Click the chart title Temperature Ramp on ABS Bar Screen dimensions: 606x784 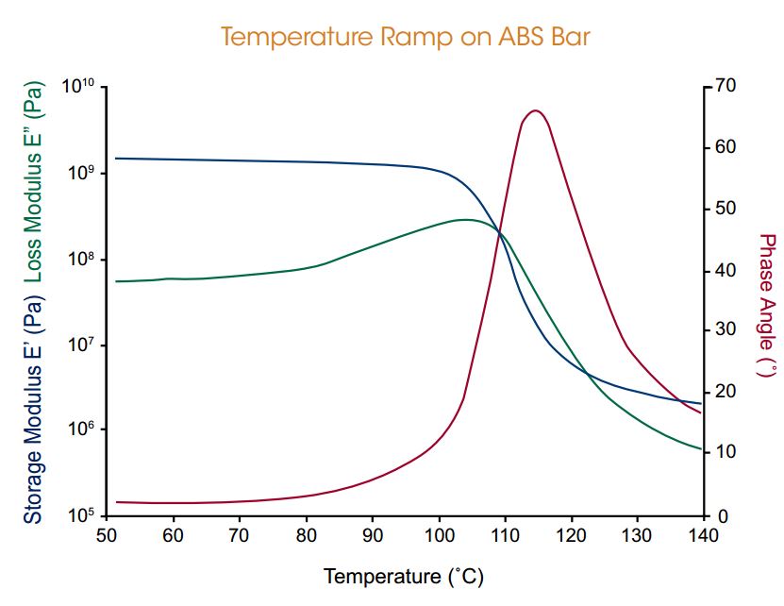405,37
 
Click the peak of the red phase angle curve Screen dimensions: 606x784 535,110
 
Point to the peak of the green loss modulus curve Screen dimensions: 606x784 465,219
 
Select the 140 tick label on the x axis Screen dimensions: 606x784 703,535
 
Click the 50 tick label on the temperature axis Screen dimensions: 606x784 106,535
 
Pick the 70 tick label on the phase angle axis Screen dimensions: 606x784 725,86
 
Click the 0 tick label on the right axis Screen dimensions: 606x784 720,516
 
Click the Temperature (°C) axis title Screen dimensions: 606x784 403,575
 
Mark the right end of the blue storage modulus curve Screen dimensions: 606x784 701,404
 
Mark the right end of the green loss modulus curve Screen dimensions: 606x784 701,449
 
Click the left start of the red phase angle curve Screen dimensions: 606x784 116,502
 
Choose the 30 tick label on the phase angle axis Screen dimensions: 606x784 725,330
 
